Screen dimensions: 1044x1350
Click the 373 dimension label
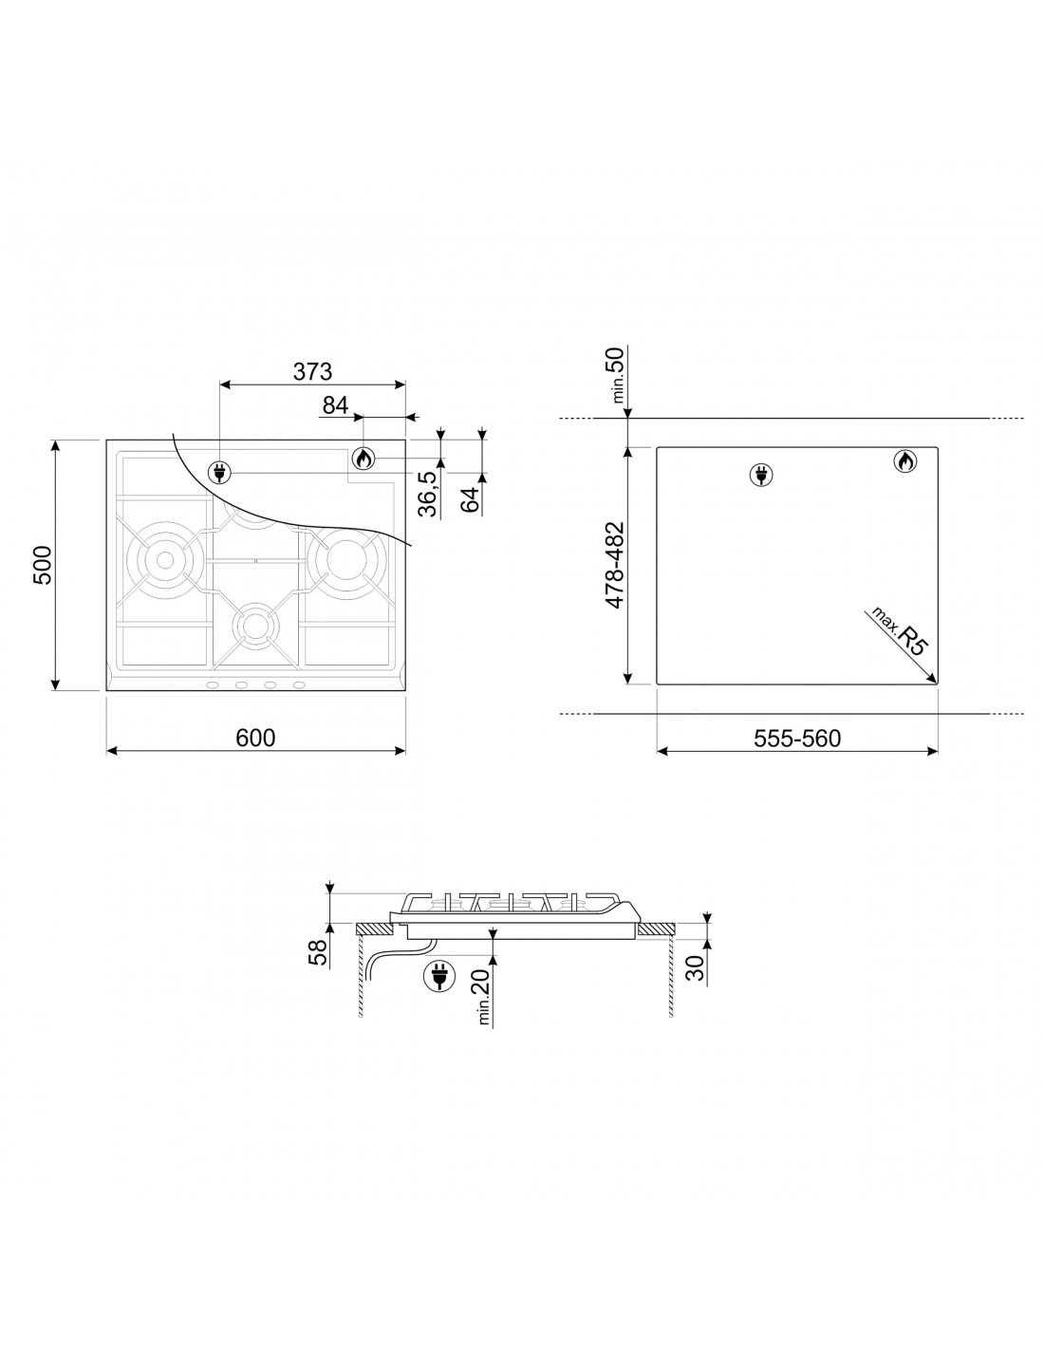click(312, 371)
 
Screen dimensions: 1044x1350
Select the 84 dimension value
click(335, 405)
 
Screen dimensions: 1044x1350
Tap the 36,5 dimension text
click(427, 494)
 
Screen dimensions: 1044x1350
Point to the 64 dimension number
click(472, 499)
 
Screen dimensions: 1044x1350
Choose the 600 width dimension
click(255, 738)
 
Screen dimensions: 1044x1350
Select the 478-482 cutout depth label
click(614, 565)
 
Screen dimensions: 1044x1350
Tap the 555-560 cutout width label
click(797, 738)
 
